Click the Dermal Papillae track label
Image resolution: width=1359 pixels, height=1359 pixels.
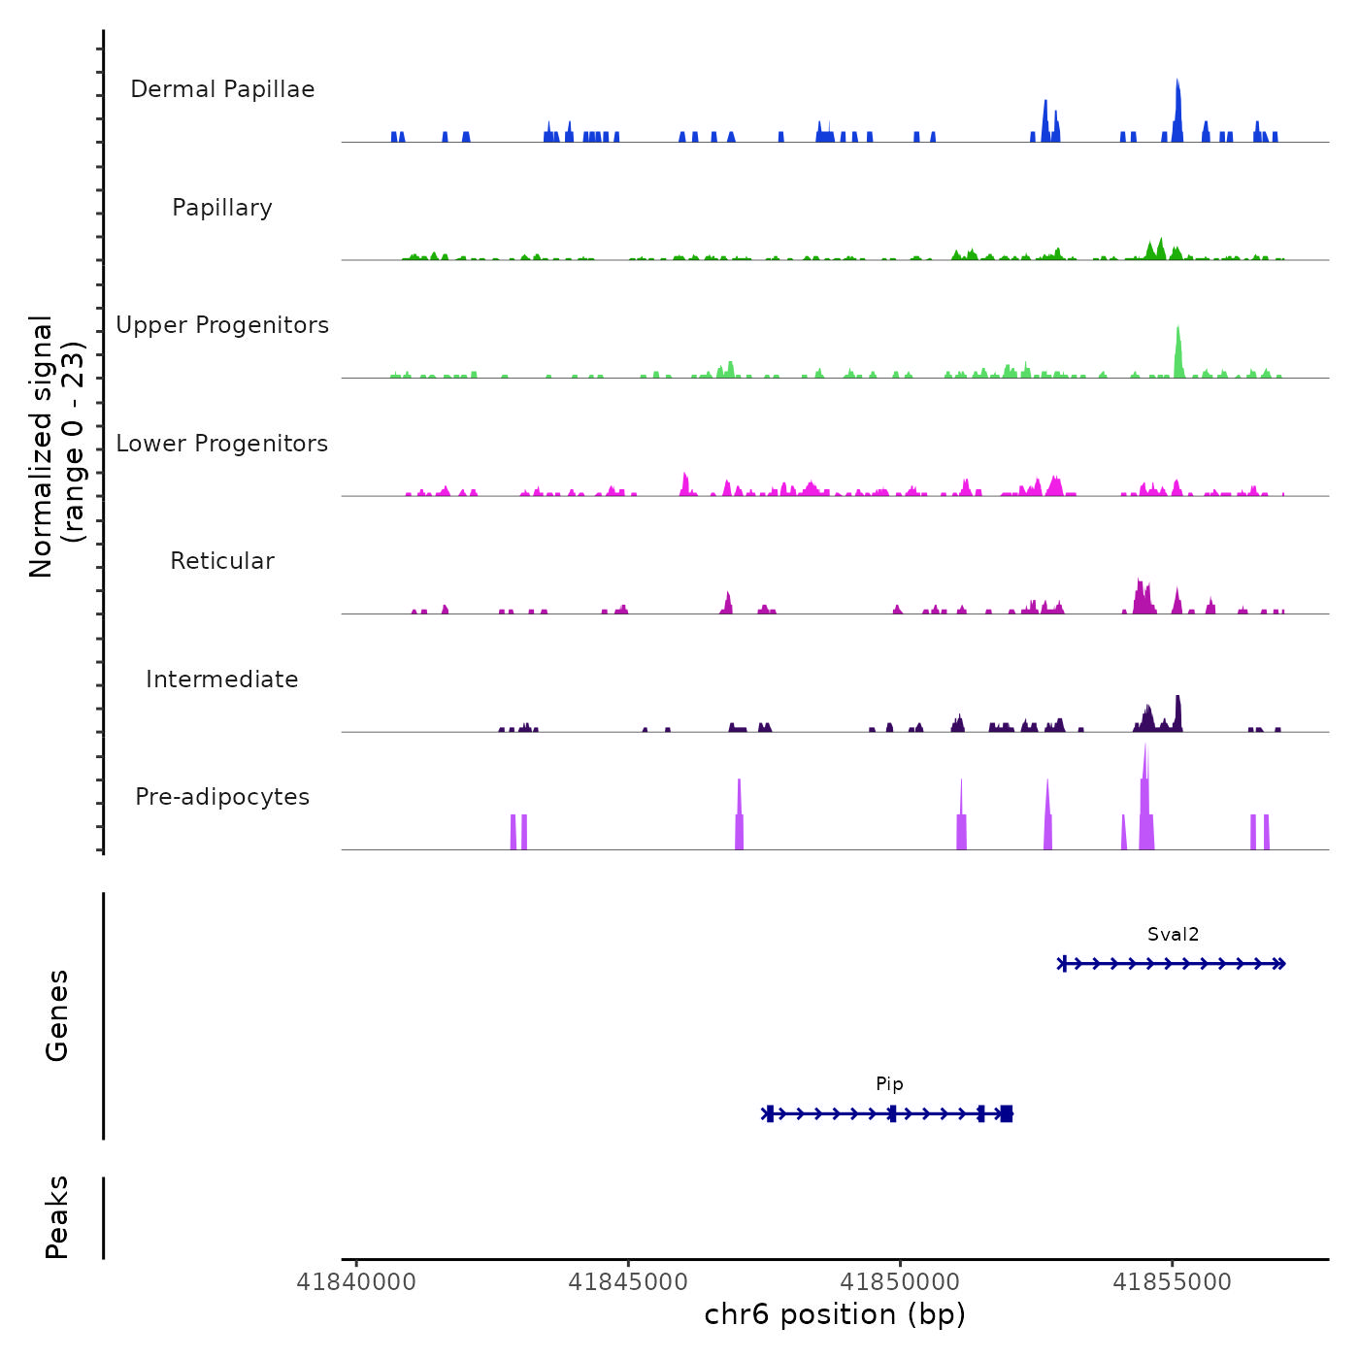coord(222,89)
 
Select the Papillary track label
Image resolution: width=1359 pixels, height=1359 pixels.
coord(222,208)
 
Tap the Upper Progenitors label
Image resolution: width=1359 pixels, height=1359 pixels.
coord(222,325)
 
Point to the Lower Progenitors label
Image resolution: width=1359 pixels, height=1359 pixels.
coord(222,444)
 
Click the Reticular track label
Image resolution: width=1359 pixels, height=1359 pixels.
coord(222,561)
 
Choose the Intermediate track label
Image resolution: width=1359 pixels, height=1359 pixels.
coord(222,679)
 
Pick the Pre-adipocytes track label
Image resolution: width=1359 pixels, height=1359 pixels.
coord(222,797)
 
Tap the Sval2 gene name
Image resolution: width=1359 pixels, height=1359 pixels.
coord(1173,935)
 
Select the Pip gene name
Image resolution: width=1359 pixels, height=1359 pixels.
coord(889,1084)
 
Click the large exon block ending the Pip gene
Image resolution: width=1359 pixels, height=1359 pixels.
coord(1007,1113)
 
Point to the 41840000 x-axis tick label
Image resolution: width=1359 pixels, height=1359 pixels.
coord(356,1282)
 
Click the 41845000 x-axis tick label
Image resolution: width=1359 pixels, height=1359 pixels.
coord(628,1282)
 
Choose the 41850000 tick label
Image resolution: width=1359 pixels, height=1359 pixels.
coord(900,1282)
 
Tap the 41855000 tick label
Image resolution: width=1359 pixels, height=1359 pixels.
coord(1172,1282)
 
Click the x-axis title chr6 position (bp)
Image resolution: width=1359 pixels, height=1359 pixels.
coord(835,1314)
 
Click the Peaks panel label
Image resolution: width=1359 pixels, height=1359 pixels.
coord(57,1217)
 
